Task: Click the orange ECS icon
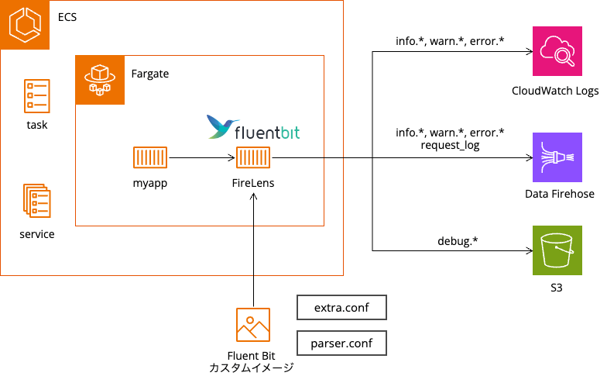coord(25,25)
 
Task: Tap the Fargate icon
coord(99,80)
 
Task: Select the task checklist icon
coord(36,96)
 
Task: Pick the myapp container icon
coord(149,157)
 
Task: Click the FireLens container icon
coord(253,157)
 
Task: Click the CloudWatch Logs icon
coord(555,51)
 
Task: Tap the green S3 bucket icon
coord(555,251)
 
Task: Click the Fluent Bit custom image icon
coord(253,325)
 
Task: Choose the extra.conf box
coord(341,308)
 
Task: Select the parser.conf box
coord(341,343)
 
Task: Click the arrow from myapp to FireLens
coord(201,157)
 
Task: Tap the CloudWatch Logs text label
coord(555,91)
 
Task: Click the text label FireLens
coord(253,184)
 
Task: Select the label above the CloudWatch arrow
coord(450,41)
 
